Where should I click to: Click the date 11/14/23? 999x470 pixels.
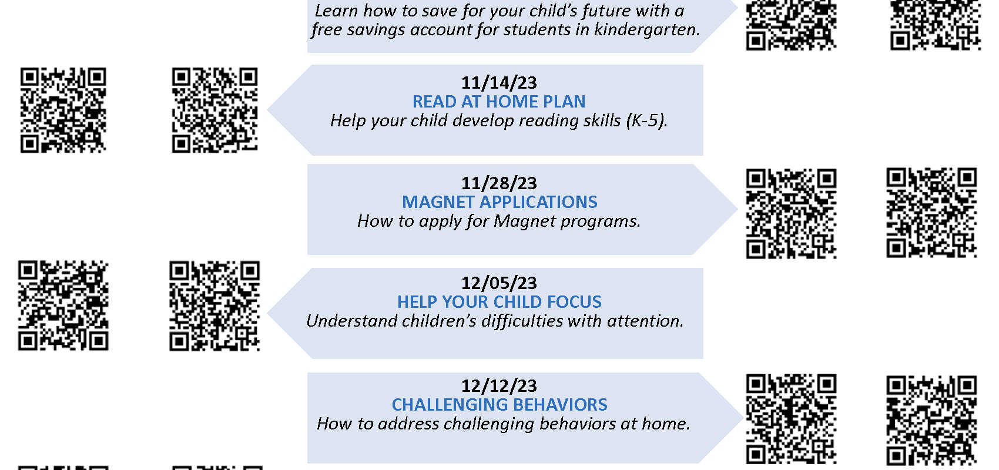coord(499,83)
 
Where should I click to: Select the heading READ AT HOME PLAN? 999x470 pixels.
coord(499,102)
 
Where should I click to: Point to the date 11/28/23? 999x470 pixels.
coord(499,183)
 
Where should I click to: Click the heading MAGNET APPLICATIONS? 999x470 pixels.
coord(499,202)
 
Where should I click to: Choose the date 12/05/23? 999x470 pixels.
coord(499,283)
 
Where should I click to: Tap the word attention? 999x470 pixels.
coord(645,321)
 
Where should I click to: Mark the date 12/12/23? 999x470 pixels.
coord(499,386)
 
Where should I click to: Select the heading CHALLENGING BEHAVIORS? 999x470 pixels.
coord(499,405)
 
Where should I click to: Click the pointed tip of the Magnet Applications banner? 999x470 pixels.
coord(737,209)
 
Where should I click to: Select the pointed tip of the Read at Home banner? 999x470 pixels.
coord(267,110)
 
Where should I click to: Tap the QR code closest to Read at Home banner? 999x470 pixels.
coord(214,110)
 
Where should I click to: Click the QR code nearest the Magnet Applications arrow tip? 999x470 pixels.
coord(791,214)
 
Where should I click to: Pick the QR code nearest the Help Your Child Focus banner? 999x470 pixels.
coord(214,306)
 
